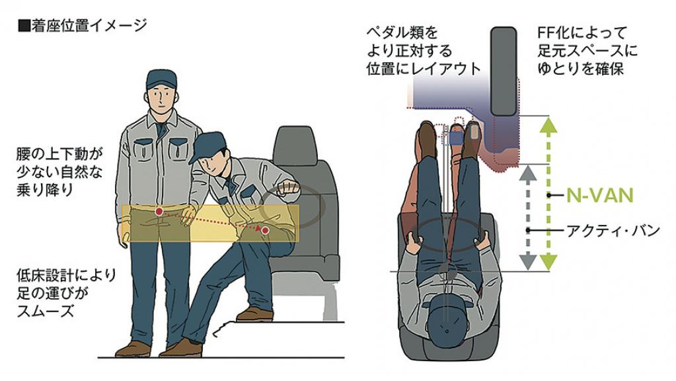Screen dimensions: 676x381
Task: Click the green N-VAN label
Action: pos(600,196)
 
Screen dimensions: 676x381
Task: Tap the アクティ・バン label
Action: pos(613,230)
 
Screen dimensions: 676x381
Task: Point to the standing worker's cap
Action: pos(161,79)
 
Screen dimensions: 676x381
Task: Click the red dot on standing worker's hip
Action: pos(159,212)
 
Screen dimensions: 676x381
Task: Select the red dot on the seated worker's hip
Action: pos(265,230)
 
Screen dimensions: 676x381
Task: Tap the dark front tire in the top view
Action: pos(504,71)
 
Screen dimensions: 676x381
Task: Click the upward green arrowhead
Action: pos(548,125)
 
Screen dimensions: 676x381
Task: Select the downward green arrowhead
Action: pos(548,262)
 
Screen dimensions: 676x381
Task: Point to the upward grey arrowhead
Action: pos(528,173)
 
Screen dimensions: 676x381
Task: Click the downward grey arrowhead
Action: pos(528,262)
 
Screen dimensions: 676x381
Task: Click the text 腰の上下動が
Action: pos(60,154)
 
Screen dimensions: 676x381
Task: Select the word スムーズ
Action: pos(46,311)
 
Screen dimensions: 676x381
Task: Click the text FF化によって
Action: pos(582,33)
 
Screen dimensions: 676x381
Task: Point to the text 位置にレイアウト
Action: pos(424,69)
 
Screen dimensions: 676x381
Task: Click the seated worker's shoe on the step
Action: pos(254,314)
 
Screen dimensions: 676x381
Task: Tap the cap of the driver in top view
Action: pos(449,314)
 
